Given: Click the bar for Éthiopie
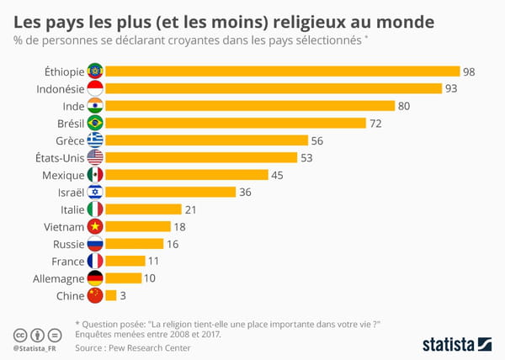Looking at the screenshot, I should tap(282, 71).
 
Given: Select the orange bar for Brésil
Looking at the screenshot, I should tap(236, 123).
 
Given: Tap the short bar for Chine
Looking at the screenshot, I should tap(110, 295).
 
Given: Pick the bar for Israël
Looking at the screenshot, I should tap(170, 192).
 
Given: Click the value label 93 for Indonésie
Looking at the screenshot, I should tap(452, 88).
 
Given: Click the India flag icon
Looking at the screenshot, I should tap(95, 106).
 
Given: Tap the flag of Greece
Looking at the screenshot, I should tap(95, 140).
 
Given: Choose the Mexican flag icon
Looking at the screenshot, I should tap(95, 175).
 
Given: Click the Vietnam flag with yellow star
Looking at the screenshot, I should tap(95, 226).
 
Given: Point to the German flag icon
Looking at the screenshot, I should tap(95, 278).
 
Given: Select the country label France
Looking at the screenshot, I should tap(67, 262).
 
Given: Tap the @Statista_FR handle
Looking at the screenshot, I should tap(38, 347).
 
